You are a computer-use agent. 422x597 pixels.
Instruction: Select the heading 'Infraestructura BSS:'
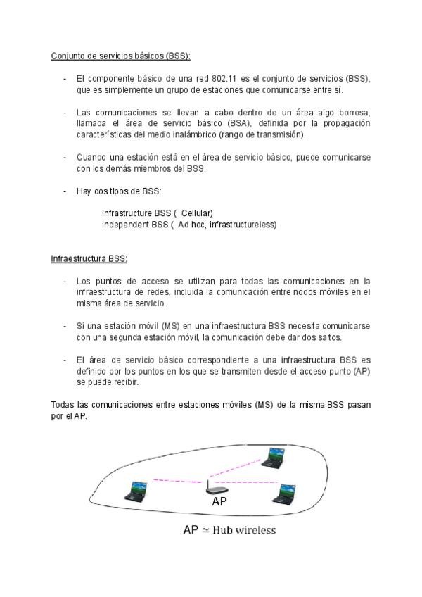pos(89,258)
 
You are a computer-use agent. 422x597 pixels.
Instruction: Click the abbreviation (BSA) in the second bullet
pos(236,124)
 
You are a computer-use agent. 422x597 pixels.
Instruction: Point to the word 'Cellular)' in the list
pos(196,213)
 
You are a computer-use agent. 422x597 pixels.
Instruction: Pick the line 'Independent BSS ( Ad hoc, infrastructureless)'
pos(189,225)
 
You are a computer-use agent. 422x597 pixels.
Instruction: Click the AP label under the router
pos(219,501)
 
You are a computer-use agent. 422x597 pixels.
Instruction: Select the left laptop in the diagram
pos(136,490)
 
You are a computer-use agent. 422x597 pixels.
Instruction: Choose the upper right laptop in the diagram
pos(274,457)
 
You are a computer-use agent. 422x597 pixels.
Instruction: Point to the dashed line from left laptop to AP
pos(176,483)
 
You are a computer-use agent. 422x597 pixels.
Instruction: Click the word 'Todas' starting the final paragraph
pos(63,405)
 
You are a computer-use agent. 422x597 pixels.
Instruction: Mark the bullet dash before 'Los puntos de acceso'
pos(65,281)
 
